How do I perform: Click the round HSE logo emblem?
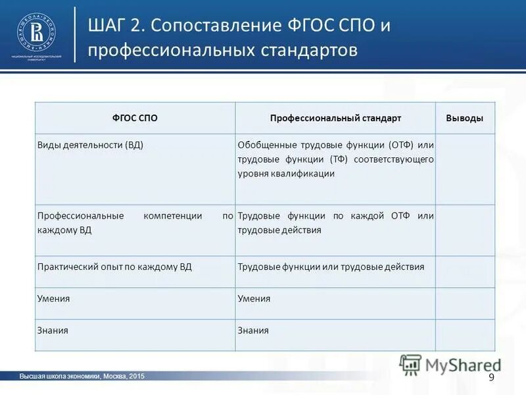pyautogui.click(x=36, y=32)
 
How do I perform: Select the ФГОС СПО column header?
pyautogui.click(x=135, y=118)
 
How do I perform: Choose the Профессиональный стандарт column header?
pyautogui.click(x=335, y=118)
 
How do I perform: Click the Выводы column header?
pyautogui.click(x=465, y=118)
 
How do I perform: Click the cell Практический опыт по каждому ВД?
pyautogui.click(x=114, y=267)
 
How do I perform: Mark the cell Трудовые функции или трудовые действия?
pyautogui.click(x=331, y=267)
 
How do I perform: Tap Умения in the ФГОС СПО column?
pyautogui.click(x=53, y=298)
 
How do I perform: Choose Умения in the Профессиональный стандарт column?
pyautogui.click(x=254, y=298)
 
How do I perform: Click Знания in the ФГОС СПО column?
pyautogui.click(x=53, y=330)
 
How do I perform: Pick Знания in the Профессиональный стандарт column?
pyautogui.click(x=253, y=330)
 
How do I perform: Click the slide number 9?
pyautogui.click(x=490, y=377)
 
